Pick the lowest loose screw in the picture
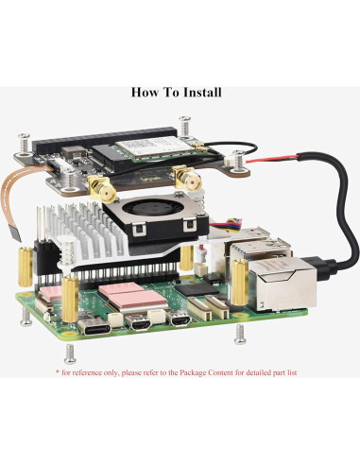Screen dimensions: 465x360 [x=71, y=353]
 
